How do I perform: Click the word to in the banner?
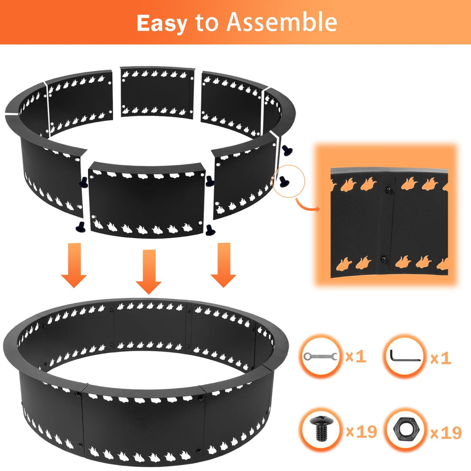click(206, 23)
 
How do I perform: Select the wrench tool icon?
click(320, 356)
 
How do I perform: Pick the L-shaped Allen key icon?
click(404, 356)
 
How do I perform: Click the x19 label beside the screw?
click(361, 431)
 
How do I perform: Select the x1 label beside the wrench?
click(356, 357)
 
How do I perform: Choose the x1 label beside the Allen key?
click(441, 358)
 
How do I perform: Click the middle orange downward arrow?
click(149, 272)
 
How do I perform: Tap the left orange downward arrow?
click(74, 265)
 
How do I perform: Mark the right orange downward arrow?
click(223, 265)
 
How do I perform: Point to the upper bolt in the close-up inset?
click(389, 190)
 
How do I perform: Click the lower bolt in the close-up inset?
click(384, 259)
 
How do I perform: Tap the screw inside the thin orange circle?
click(283, 181)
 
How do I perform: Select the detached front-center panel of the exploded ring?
click(147, 201)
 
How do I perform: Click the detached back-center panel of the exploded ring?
click(157, 92)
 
